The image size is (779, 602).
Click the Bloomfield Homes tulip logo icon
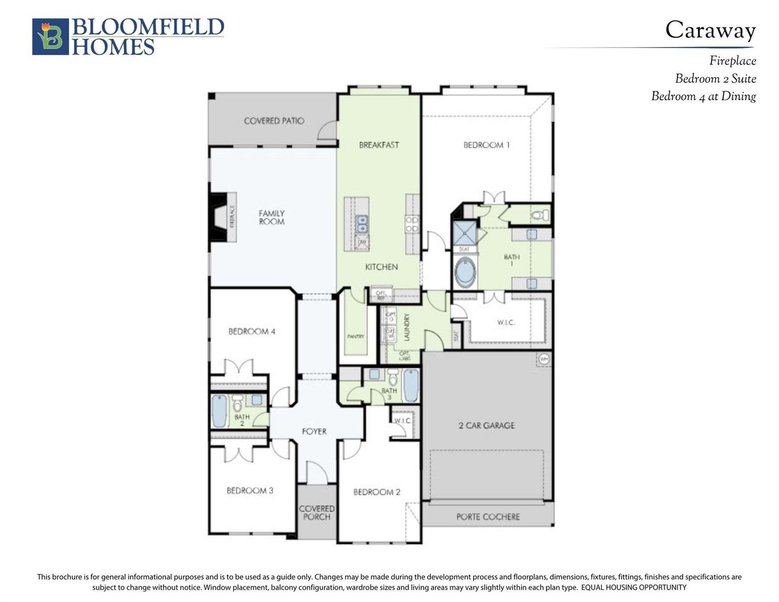point(51,37)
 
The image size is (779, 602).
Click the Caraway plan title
point(710,31)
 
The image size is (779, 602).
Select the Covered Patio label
point(274,121)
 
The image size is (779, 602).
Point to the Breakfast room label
point(379,145)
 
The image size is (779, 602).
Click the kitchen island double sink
point(361,224)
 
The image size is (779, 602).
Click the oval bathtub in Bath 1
point(465,272)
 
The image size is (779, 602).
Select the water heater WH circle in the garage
point(543,359)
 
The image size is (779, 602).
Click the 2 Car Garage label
point(486,426)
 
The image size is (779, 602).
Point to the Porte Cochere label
point(488,517)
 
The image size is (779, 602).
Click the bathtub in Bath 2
point(219,411)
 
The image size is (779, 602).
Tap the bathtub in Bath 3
point(411,385)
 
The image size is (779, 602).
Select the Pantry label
point(356,337)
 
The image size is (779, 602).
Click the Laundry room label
point(407,327)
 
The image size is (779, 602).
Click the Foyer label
point(314,431)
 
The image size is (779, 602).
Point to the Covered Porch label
point(316,513)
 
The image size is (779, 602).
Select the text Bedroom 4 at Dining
point(703,97)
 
